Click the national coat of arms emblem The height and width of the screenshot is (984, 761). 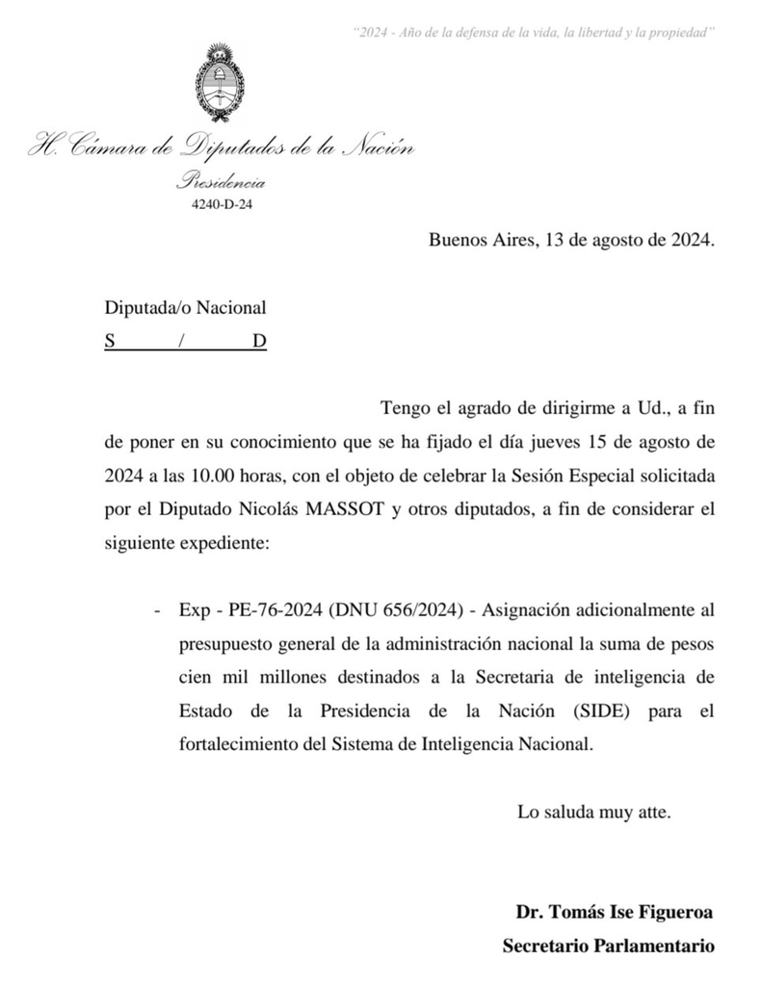coord(223,85)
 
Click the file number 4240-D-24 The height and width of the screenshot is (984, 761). coord(223,203)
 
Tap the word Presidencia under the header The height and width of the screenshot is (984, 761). coord(222,182)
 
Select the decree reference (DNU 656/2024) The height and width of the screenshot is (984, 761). coord(399,609)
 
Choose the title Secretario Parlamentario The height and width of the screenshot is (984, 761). coord(608,945)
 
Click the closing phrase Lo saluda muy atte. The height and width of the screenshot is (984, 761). coord(593,811)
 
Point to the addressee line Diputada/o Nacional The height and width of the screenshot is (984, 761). coord(185,308)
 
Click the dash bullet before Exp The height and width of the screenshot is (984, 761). coord(157,609)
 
